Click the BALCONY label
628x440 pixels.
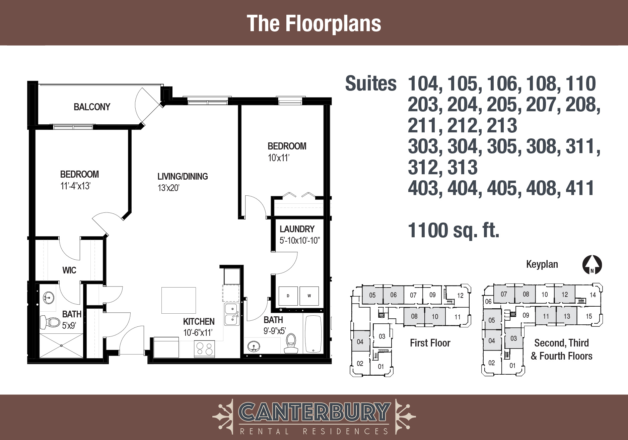pos(92,107)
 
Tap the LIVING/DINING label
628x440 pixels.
pos(183,176)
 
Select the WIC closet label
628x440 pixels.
pos(69,270)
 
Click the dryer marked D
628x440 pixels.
pos(288,296)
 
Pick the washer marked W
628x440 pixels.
pos(309,296)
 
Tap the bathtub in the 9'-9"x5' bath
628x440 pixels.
pos(313,334)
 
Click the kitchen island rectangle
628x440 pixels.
pos(179,300)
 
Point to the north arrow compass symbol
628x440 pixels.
pos(592,265)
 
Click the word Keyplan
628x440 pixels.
pos(542,264)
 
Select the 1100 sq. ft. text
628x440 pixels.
pos(453,230)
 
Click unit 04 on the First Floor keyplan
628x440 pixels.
pos(360,341)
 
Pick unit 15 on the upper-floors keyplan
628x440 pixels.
pos(588,316)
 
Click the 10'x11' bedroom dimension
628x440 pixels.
pos(278,158)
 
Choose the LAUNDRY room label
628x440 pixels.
pos(297,229)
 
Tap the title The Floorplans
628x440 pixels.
pos(314,23)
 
